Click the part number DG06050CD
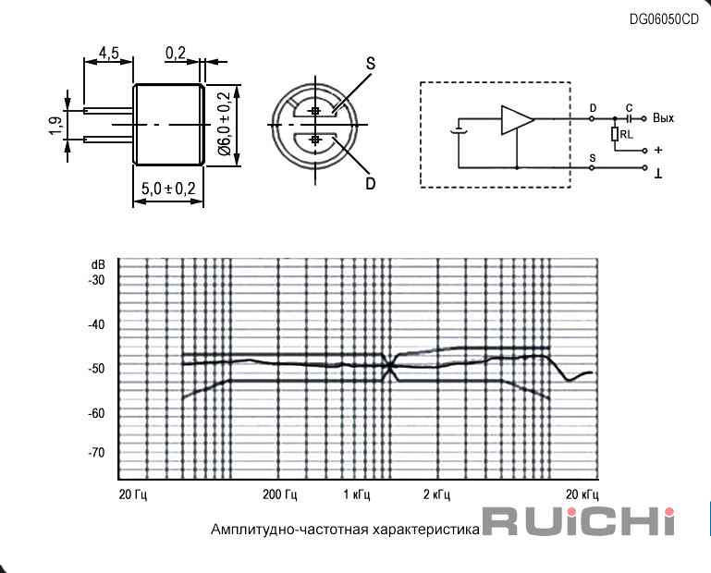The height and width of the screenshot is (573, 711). (664, 19)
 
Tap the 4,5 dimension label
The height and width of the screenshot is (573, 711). (109, 53)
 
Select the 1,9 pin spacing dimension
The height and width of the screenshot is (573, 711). (55, 126)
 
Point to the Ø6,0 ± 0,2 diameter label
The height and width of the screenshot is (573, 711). (225, 123)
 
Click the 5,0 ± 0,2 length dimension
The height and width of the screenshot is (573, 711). (167, 189)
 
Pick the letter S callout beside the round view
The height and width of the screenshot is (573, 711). (371, 64)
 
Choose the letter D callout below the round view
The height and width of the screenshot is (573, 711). (371, 184)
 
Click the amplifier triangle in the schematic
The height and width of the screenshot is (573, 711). (518, 120)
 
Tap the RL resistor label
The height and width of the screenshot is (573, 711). (627, 135)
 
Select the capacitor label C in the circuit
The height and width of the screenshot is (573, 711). (629, 108)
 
